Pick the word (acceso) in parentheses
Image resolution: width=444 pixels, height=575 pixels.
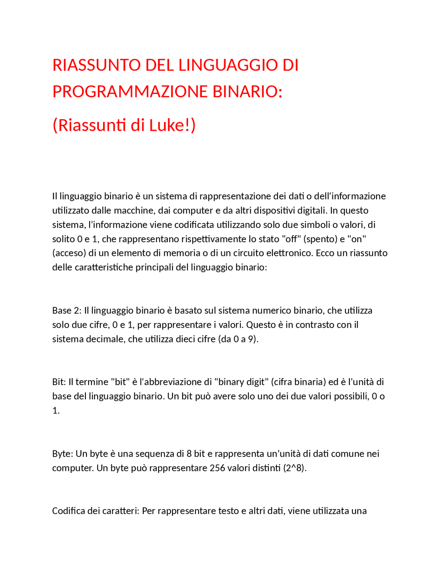69,253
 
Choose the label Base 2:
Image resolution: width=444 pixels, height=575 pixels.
67,310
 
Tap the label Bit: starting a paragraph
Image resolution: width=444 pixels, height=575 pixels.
59,382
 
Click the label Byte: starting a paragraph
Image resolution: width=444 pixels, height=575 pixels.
62,454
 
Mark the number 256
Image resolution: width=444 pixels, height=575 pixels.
217,468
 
